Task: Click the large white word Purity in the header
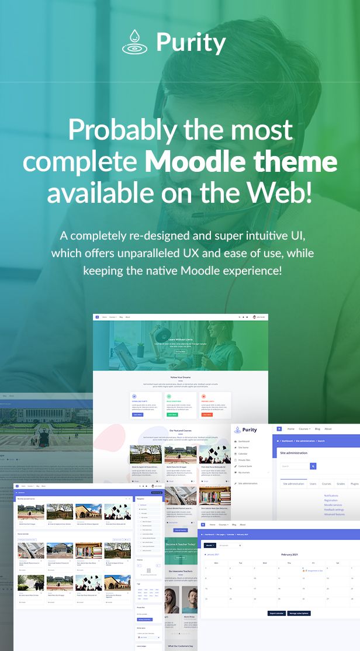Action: coord(191,43)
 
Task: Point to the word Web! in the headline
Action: coord(283,194)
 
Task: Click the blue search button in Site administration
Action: coord(313,466)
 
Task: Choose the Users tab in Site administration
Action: coord(313,484)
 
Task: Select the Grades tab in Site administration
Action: coord(341,484)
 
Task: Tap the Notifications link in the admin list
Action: coord(331,496)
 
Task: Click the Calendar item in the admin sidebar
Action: coord(243,453)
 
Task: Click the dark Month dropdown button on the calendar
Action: coord(209,545)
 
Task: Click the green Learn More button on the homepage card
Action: coord(172,414)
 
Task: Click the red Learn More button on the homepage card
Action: coord(207,414)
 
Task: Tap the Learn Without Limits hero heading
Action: coord(181,339)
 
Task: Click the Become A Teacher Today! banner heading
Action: coord(181,544)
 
